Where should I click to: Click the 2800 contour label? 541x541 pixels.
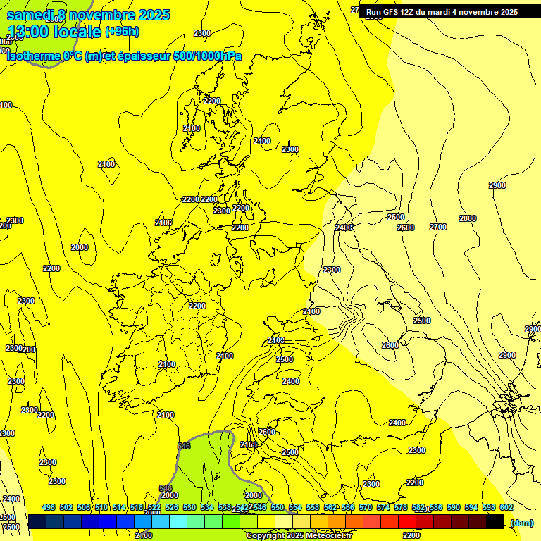[468, 218]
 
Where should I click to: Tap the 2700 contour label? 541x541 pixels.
[438, 227]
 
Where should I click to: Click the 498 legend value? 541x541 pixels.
[49, 507]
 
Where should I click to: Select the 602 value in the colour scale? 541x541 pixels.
[506, 507]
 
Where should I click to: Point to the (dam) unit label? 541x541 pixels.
[521, 522]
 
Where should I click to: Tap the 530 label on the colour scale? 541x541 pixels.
[189, 507]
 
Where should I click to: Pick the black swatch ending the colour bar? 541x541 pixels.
[495, 521]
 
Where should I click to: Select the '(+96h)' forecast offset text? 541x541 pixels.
[122, 32]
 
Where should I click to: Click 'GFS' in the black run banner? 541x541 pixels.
[392, 12]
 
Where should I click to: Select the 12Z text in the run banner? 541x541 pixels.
[410, 12]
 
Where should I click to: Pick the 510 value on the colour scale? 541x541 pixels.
[101, 507]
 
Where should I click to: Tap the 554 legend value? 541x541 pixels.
[295, 507]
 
